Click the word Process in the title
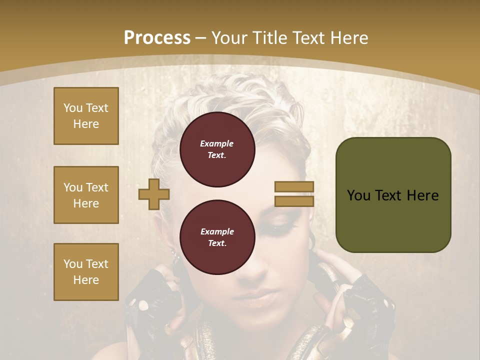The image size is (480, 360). (157, 37)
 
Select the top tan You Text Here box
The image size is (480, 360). (86, 116)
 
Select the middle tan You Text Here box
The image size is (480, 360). (86, 195)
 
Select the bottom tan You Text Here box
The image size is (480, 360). (86, 272)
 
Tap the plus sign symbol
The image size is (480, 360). (154, 194)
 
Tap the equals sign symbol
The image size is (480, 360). (294, 194)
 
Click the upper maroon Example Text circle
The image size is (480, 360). (217, 149)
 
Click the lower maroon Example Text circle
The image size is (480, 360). (217, 237)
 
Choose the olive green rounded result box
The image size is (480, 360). (393, 195)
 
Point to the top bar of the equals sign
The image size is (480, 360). (294, 186)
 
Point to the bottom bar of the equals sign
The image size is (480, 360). (294, 201)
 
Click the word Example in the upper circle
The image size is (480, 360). (217, 143)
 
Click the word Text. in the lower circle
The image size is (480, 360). (217, 243)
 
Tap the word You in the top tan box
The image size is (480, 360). (72, 108)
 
